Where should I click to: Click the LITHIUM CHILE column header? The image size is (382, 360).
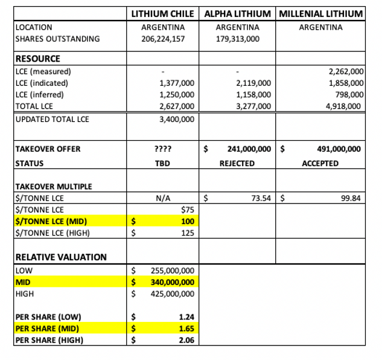pos(164,13)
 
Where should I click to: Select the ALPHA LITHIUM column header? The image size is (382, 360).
pos(237,13)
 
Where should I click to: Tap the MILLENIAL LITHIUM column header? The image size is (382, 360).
pos(320,13)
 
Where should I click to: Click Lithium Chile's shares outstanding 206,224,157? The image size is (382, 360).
pos(164,39)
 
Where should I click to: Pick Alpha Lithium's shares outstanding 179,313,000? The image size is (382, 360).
pos(238,39)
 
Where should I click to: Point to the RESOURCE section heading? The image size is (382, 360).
pos(37,59)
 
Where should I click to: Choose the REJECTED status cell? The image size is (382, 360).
pos(238,163)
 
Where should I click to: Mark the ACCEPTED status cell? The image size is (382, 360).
pos(320,163)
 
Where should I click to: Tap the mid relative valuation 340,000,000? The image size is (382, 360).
pos(172,281)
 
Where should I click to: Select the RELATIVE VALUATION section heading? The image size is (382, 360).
pos(60,257)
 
